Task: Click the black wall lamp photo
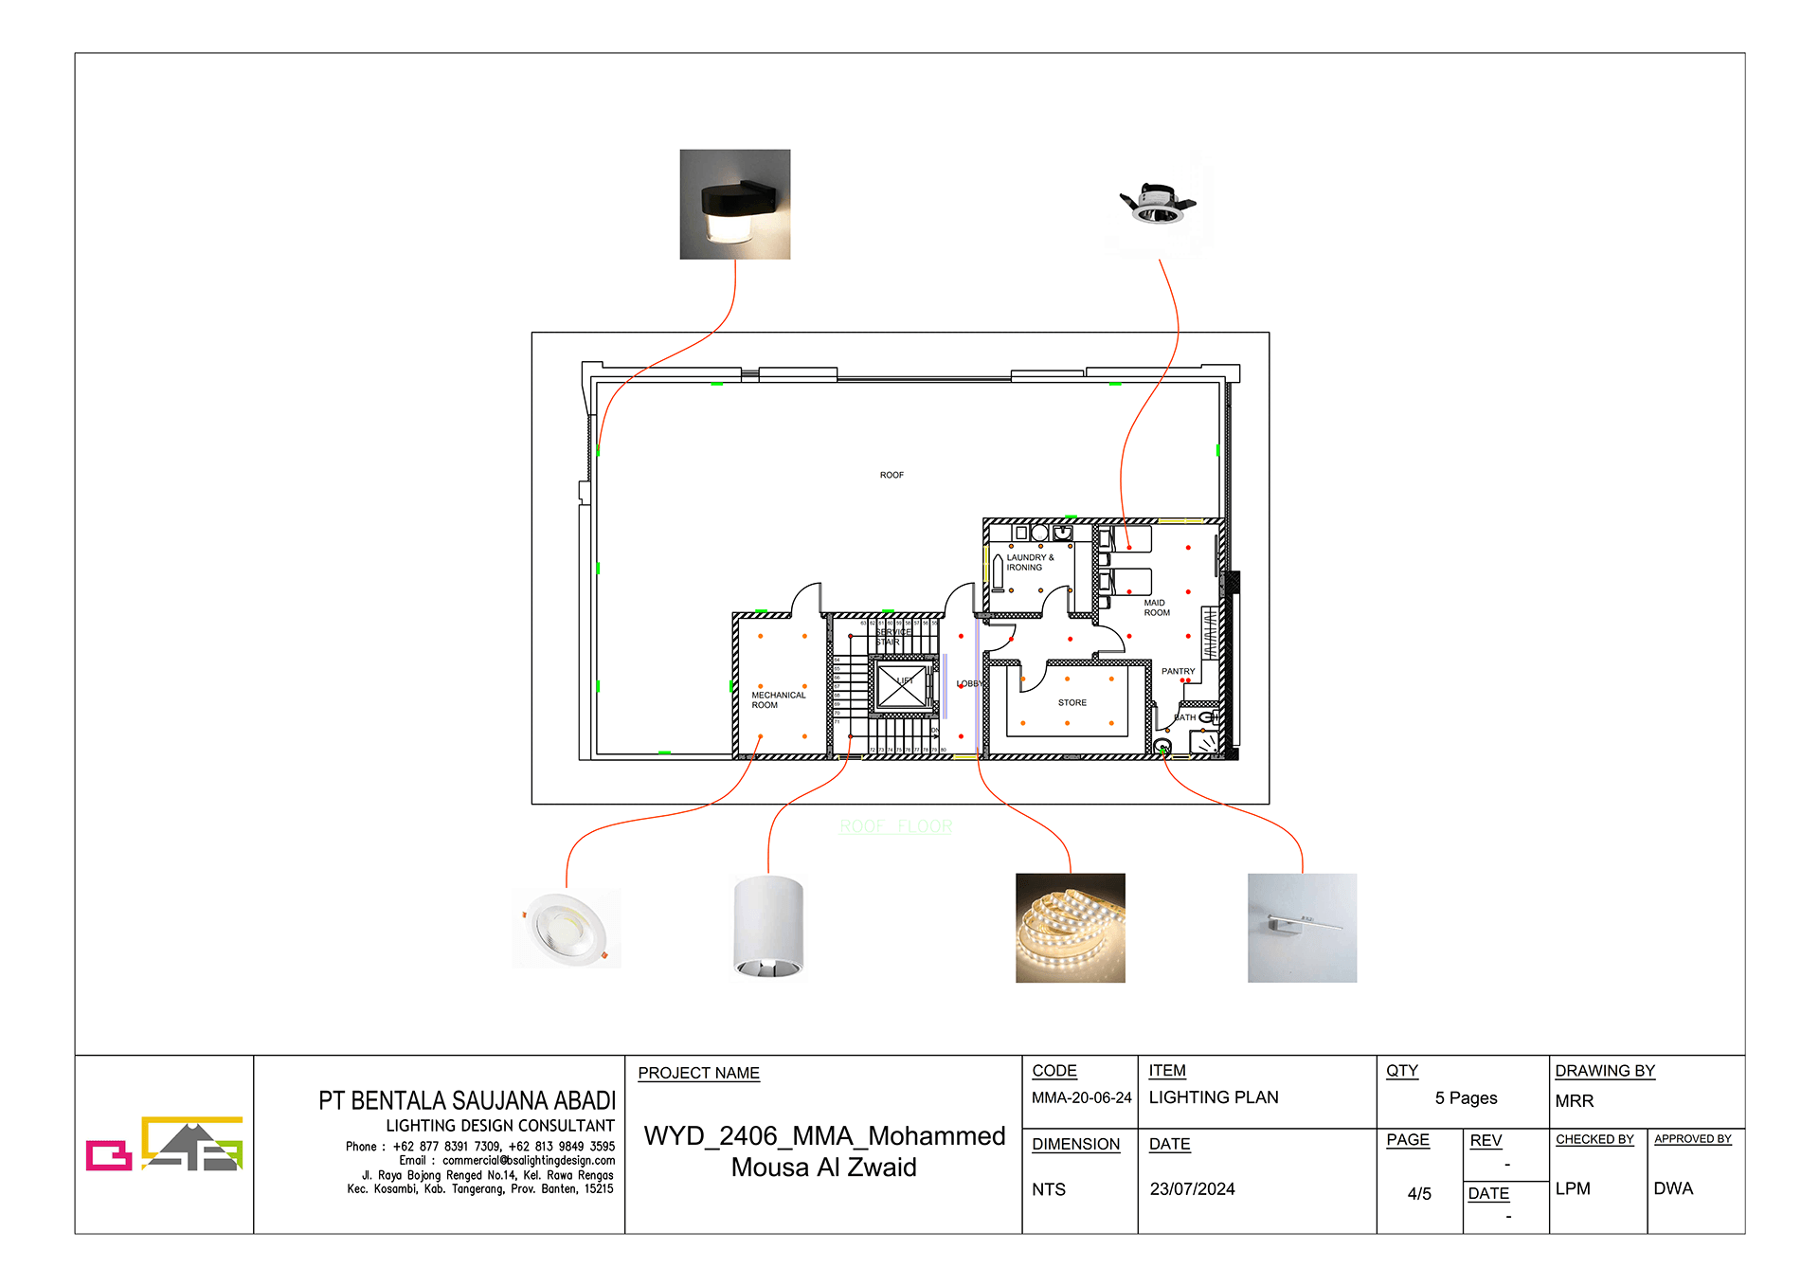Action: click(734, 204)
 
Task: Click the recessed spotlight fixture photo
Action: click(1158, 204)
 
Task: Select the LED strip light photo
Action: click(1070, 928)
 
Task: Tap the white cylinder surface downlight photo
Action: click(768, 927)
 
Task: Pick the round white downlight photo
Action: click(567, 929)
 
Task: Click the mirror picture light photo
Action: click(1302, 928)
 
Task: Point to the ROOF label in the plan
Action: click(891, 475)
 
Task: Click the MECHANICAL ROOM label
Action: click(778, 700)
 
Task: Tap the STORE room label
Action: click(1072, 703)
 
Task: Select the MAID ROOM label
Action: click(1156, 607)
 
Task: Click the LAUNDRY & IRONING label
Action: click(1029, 563)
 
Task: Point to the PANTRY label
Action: click(1178, 671)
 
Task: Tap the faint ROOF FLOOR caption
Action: click(895, 826)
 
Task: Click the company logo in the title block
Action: click(164, 1144)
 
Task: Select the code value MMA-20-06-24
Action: click(1081, 1097)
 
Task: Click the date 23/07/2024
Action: click(1192, 1189)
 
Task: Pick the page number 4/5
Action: click(1418, 1194)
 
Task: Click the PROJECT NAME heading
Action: click(698, 1073)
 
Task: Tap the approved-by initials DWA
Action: click(1672, 1188)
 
